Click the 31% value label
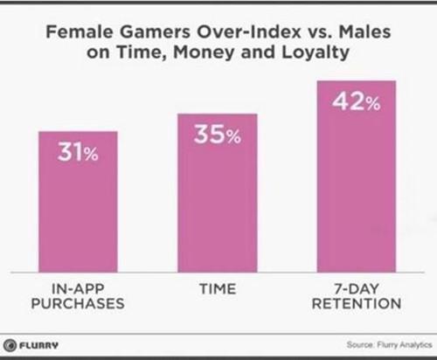[x=78, y=152]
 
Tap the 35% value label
[x=218, y=135]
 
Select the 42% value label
[x=357, y=101]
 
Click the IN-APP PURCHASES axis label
[x=78, y=296]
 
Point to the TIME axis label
[x=218, y=289]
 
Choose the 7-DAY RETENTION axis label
[x=357, y=296]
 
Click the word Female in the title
[x=80, y=31]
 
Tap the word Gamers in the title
[x=155, y=31]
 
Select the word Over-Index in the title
[x=249, y=31]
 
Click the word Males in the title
[x=364, y=31]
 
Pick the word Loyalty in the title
[x=316, y=52]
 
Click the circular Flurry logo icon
[x=10, y=345]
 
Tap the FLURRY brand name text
[x=38, y=345]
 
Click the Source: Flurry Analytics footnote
[x=389, y=345]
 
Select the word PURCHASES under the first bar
[x=78, y=304]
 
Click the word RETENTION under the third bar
[x=357, y=304]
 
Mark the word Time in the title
[x=141, y=52]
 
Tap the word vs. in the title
[x=320, y=32]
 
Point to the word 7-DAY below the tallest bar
[x=357, y=289]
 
